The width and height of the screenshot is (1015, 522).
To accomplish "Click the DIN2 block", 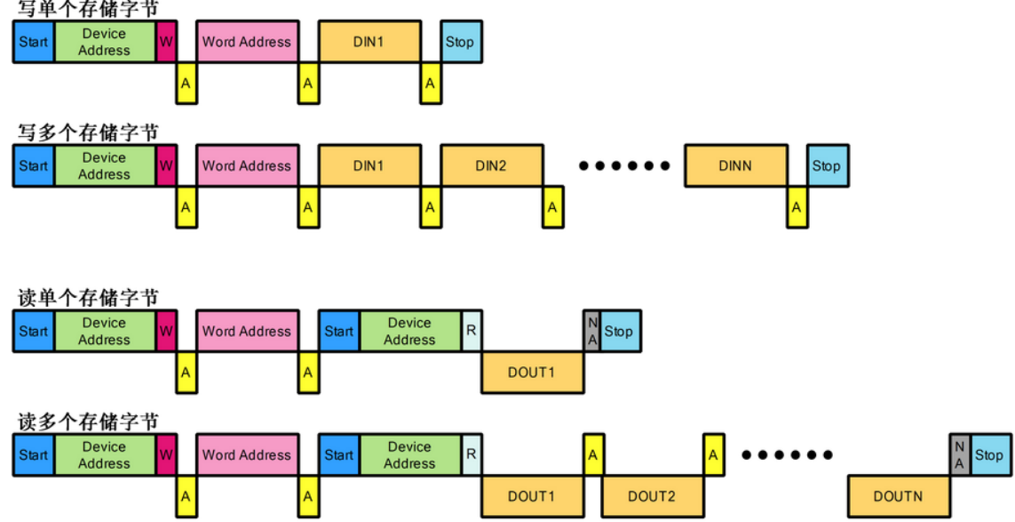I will pyautogui.click(x=491, y=165).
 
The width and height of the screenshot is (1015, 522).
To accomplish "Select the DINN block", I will pyautogui.click(x=736, y=165).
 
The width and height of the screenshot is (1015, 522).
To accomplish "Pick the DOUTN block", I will pyautogui.click(x=898, y=496).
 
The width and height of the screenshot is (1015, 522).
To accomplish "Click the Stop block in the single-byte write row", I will pyautogui.click(x=460, y=42).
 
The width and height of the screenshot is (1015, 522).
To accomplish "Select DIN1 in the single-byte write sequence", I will pyautogui.click(x=369, y=42).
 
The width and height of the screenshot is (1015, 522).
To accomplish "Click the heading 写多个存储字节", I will pyautogui.click(x=89, y=133).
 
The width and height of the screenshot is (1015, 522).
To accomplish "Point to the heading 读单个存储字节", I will pyautogui.click(x=89, y=298).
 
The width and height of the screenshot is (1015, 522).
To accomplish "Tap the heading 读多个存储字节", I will pyautogui.click(x=89, y=422).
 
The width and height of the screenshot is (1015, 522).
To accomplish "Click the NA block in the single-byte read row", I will pyautogui.click(x=592, y=331).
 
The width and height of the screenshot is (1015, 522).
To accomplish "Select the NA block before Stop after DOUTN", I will pyautogui.click(x=959, y=454).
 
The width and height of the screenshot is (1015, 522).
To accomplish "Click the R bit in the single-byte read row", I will pyautogui.click(x=472, y=331).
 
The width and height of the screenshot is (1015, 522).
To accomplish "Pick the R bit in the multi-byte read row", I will pyautogui.click(x=472, y=454).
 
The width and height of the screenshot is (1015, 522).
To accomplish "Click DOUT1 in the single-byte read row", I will pyautogui.click(x=532, y=373).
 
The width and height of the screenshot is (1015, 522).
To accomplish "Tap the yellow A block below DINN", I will pyautogui.click(x=797, y=207).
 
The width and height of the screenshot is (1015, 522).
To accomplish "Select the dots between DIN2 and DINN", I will pyautogui.click(x=623, y=165).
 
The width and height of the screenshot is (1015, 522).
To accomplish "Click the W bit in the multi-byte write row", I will pyautogui.click(x=166, y=165).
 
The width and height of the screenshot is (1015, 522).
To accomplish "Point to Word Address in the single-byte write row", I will pyautogui.click(x=247, y=42).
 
